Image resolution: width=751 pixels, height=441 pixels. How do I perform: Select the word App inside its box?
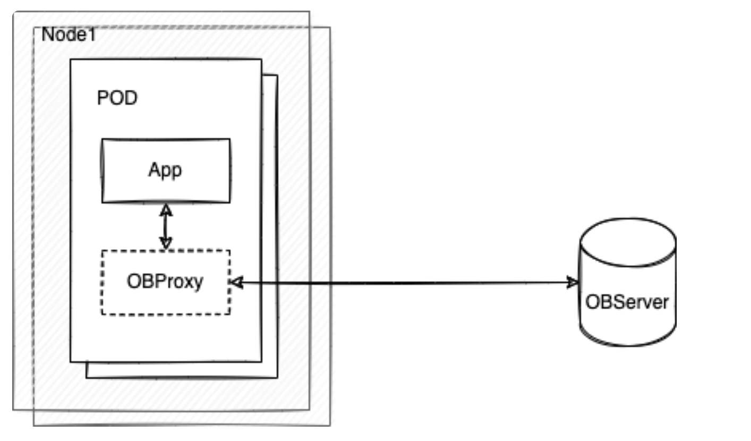(165, 171)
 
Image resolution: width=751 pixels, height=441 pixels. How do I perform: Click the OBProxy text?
(165, 282)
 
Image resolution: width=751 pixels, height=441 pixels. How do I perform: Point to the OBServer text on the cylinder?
(627, 302)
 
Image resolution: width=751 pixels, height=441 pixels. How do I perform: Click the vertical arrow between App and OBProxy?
(166, 226)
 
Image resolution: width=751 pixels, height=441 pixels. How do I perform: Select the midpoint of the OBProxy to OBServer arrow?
(405, 283)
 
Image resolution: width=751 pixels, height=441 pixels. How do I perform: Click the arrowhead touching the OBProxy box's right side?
(237, 283)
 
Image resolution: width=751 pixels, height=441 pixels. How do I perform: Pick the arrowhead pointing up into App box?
(166, 209)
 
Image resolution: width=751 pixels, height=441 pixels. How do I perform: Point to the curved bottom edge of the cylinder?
(628, 344)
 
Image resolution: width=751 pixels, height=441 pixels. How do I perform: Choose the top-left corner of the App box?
(103, 140)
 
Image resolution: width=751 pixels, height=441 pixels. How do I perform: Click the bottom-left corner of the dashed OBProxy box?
(102, 314)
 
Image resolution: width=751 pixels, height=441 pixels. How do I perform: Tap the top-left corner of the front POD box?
(71, 60)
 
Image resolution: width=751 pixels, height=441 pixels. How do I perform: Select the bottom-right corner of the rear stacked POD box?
(277, 378)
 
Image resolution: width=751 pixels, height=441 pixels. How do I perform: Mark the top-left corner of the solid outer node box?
(13, 12)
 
